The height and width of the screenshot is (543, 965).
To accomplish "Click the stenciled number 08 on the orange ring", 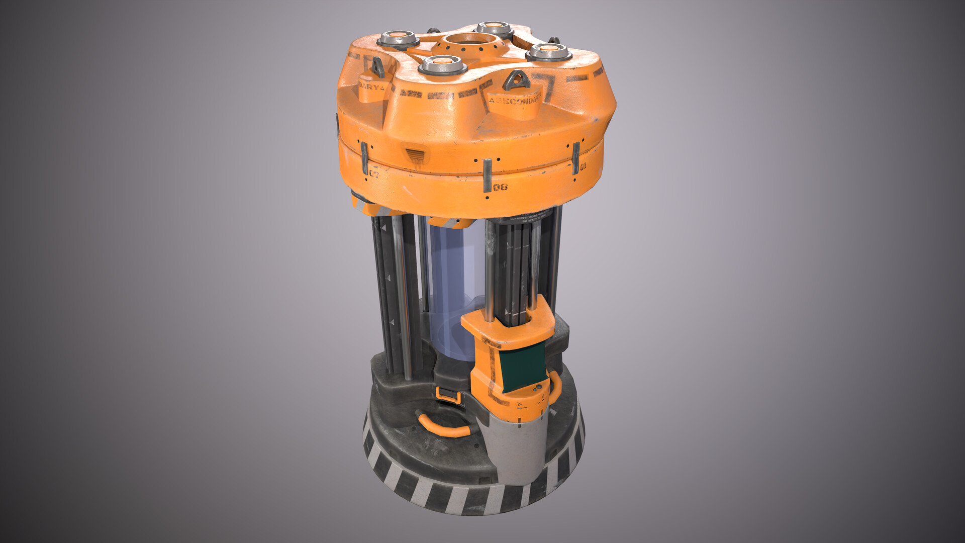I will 500,188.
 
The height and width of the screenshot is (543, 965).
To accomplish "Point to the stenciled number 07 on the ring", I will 374,174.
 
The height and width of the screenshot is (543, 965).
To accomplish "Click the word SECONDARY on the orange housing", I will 515,100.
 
